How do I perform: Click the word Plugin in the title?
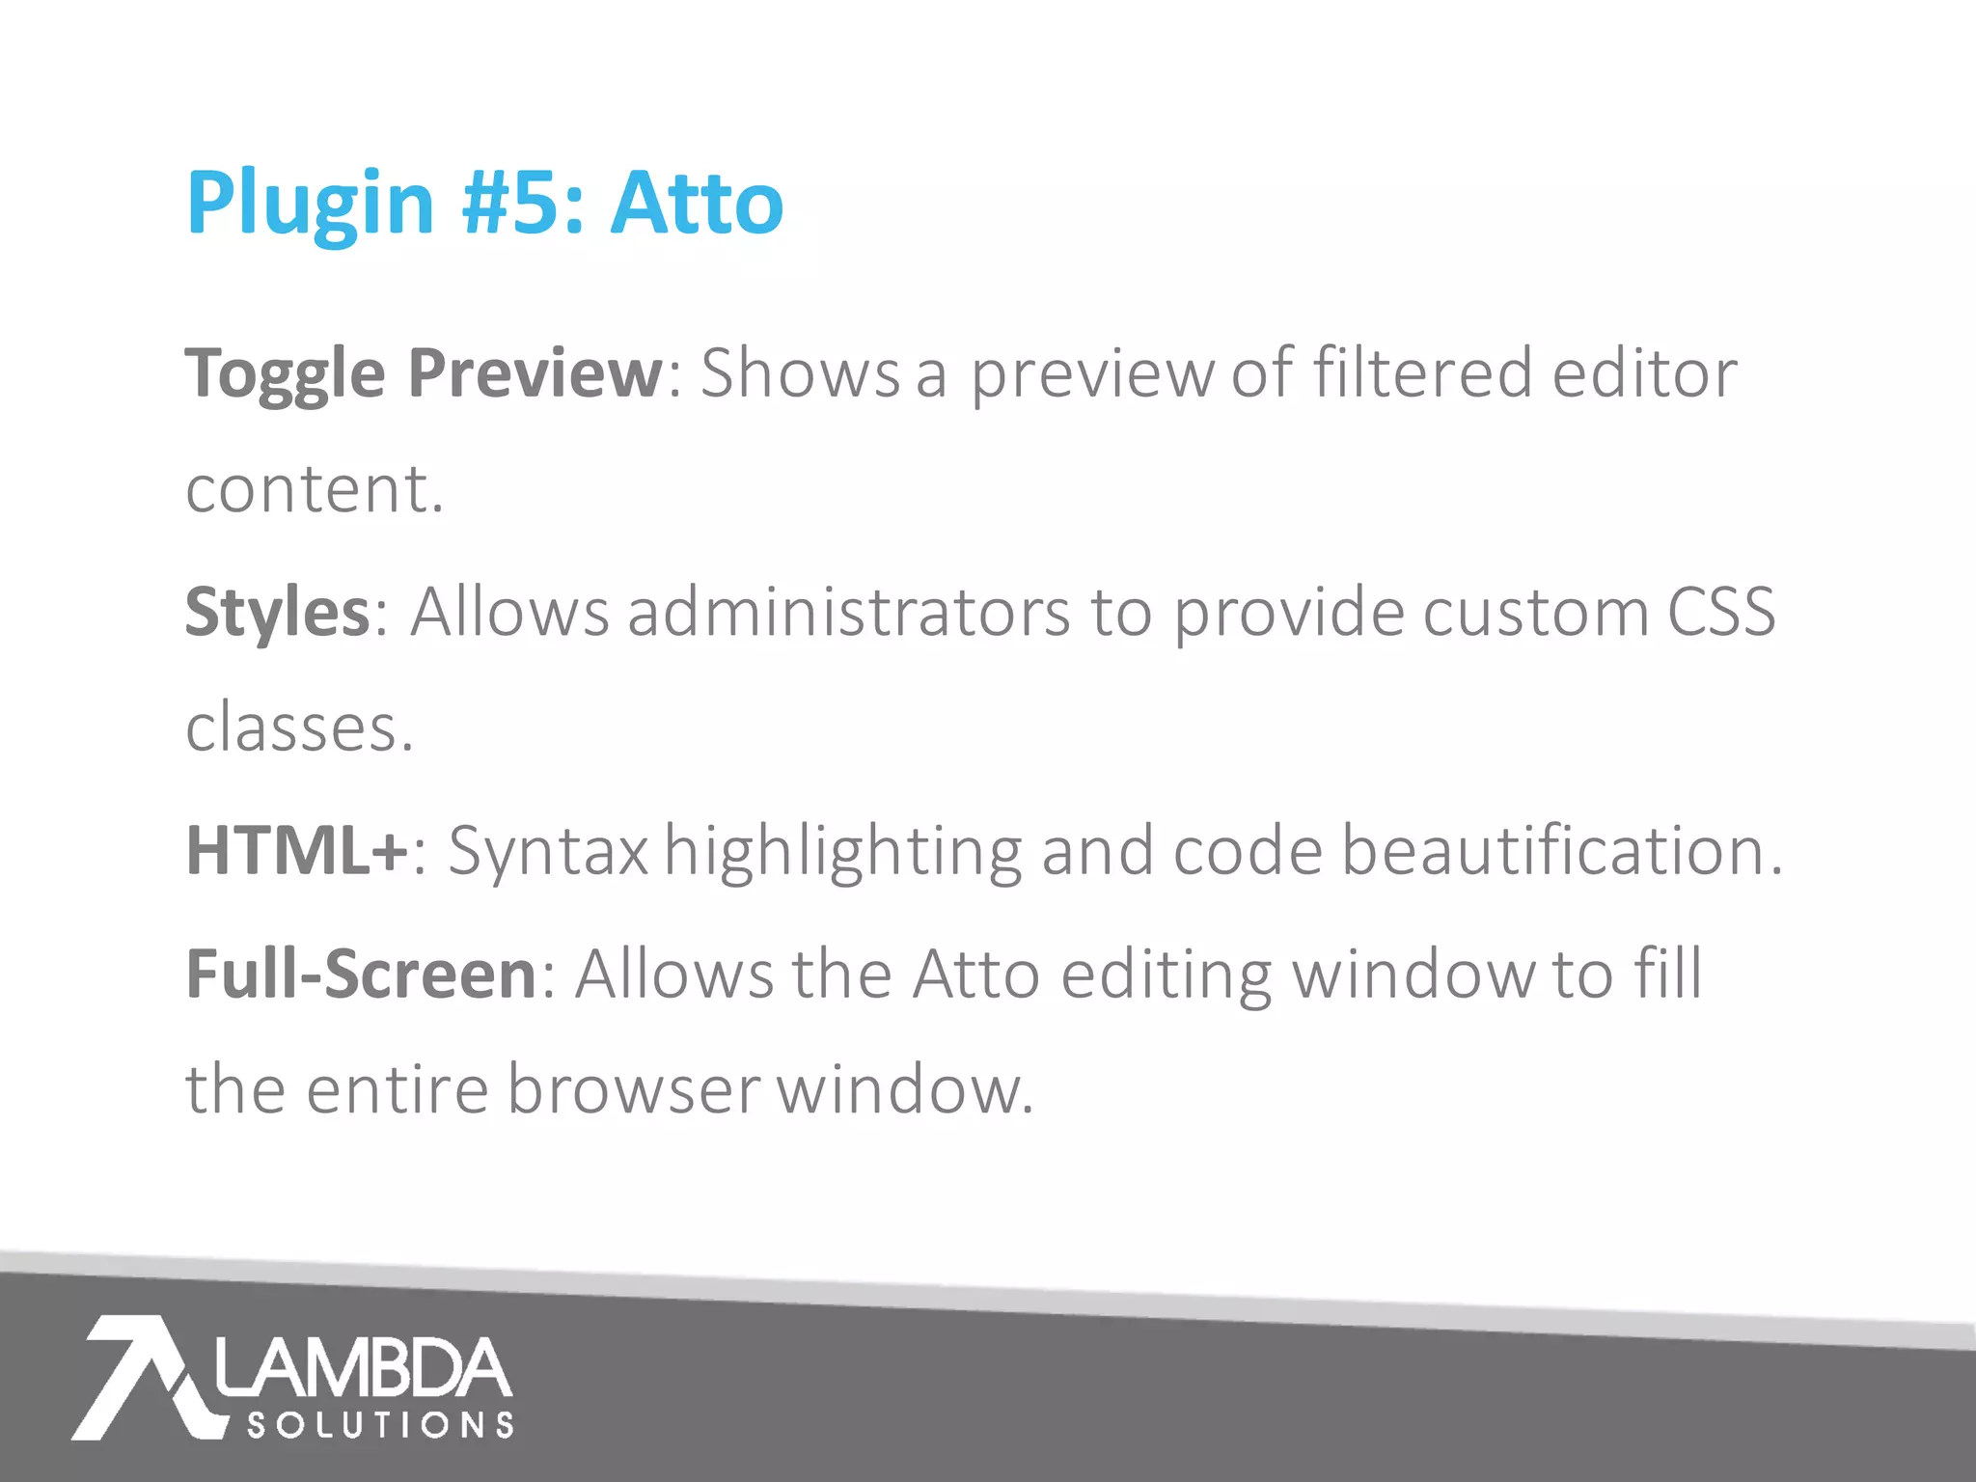310,205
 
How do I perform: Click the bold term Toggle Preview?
424,374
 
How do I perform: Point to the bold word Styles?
277,613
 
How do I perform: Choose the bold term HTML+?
297,851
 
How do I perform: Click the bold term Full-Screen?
361,974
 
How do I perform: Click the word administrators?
849,613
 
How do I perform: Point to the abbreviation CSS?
1721,613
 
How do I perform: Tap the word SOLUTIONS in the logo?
380,1425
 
